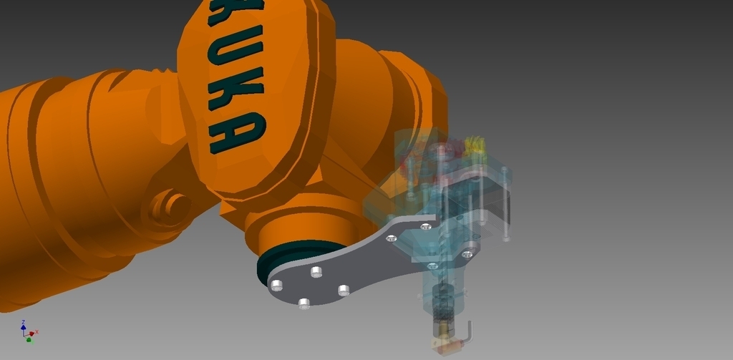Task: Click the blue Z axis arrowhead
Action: tap(23, 323)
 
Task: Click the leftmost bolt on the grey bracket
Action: tap(277, 286)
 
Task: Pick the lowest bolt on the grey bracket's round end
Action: tap(304, 303)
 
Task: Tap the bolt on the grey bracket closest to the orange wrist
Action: tap(316, 271)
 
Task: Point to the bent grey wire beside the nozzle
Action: tap(468, 333)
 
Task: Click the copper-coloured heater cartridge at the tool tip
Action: tap(447, 347)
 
